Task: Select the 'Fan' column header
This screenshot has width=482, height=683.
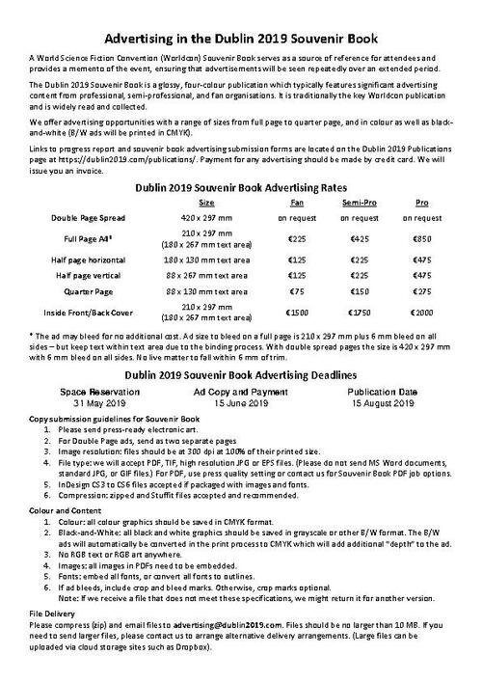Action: pyautogui.click(x=297, y=204)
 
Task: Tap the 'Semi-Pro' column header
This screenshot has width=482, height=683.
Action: pyautogui.click(x=360, y=204)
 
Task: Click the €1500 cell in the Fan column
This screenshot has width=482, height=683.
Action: pyautogui.click(x=297, y=313)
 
